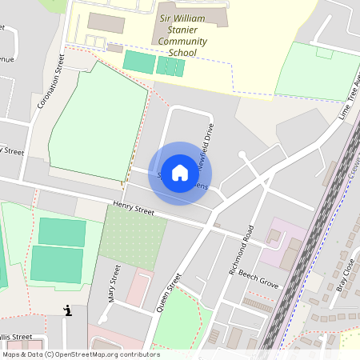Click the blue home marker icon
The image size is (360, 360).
[180, 173]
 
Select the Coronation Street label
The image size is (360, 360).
[50, 81]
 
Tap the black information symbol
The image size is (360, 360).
[67, 310]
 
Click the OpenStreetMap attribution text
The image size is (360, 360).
[80, 354]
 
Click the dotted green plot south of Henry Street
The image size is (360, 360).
[133, 238]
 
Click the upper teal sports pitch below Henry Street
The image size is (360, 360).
[62, 232]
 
